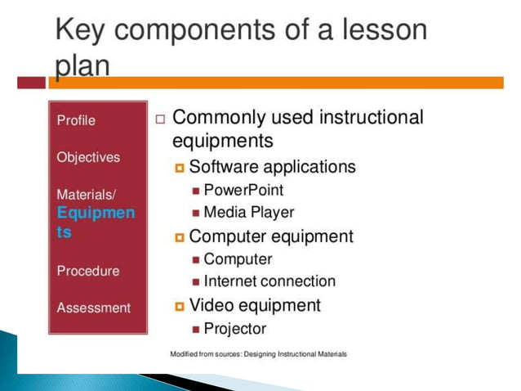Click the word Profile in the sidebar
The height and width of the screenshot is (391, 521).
pos(76,120)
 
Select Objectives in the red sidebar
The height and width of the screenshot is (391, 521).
pos(88,157)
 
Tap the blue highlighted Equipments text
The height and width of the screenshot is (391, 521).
pos(96,222)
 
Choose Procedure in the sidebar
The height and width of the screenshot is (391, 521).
pos(87,271)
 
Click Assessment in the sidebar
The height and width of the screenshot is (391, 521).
pos(93,308)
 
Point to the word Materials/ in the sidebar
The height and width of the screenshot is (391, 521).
pos(87,195)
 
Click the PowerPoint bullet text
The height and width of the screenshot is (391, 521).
pos(243,190)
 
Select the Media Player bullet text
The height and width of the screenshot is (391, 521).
pos(248,212)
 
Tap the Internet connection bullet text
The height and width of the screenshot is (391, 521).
pos(269,281)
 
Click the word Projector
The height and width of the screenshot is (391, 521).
pos(234,329)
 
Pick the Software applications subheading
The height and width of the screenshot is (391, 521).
pos(272,167)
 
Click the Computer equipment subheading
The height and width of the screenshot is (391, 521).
pos(271,236)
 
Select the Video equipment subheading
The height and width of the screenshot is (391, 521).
pos(255,305)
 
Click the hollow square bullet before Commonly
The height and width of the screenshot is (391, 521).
pos(160,119)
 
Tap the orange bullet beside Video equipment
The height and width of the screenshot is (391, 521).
pos(180,307)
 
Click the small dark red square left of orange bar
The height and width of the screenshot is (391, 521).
pos(31,83)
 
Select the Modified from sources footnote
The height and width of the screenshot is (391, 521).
pos(258,354)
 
